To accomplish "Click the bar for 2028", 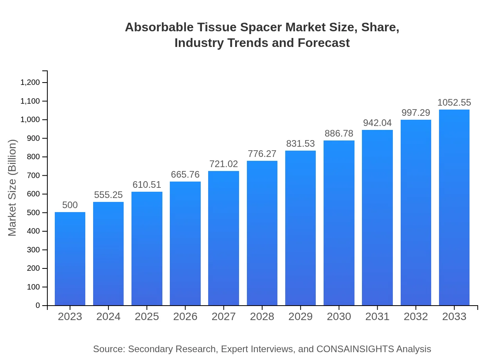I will point(262,233).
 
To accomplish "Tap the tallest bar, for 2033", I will point(454,207).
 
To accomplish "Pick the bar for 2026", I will point(185,243).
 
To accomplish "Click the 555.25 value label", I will point(108,195).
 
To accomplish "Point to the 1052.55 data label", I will point(454,103).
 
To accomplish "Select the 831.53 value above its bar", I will point(300,144).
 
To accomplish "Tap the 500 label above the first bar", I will point(70,205).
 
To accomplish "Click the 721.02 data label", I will point(223,164).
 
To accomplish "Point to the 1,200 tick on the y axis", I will point(30,83).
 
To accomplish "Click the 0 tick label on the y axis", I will point(38,305).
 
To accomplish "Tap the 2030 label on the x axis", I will point(339,317).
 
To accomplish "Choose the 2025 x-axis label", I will point(147,317).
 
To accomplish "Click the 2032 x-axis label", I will point(416,317).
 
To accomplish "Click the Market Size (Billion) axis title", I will point(13,188).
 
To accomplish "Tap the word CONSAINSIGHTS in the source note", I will point(355,349).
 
